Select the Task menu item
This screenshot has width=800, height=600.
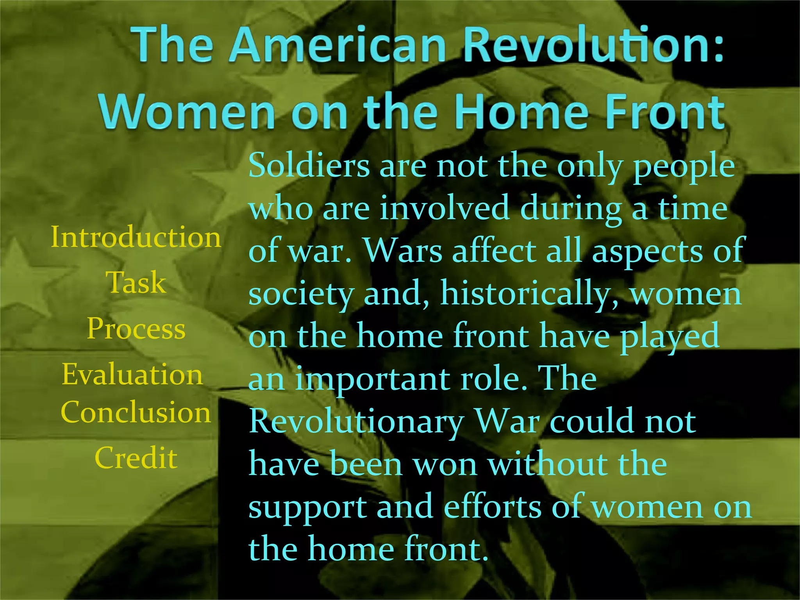coord(136,282)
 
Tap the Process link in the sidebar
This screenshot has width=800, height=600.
coord(136,329)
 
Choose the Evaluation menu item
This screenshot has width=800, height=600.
coord(132,374)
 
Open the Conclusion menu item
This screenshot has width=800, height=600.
coord(136,412)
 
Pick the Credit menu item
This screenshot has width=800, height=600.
coord(136,458)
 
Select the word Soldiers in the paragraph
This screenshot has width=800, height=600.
coord(309,166)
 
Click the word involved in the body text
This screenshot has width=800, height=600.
coord(444,208)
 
